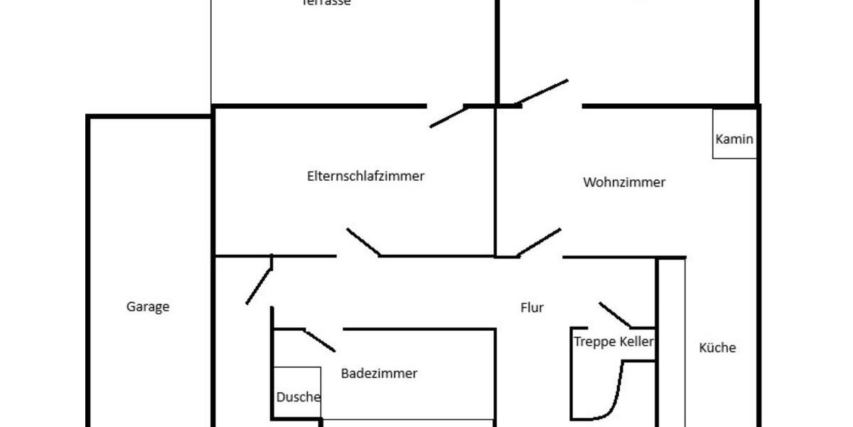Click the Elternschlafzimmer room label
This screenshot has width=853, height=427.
[x=365, y=176]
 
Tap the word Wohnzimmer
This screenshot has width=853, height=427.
[x=624, y=182]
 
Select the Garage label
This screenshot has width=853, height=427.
[x=148, y=307]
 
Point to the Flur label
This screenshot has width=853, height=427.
[x=532, y=307]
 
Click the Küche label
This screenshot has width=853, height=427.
[x=717, y=348]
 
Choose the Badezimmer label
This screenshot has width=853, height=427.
[x=379, y=373]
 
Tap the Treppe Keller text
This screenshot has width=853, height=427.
[x=613, y=342]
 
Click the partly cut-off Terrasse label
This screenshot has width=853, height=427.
[x=326, y=3]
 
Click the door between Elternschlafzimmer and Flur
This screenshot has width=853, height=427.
[x=363, y=242]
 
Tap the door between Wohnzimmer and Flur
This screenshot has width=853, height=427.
[x=539, y=242]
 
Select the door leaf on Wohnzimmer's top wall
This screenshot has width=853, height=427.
[x=542, y=92]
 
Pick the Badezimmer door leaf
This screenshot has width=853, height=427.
[x=320, y=340]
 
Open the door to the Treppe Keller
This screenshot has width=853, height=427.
[x=617, y=315]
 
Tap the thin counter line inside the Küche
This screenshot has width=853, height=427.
[x=685, y=342]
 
